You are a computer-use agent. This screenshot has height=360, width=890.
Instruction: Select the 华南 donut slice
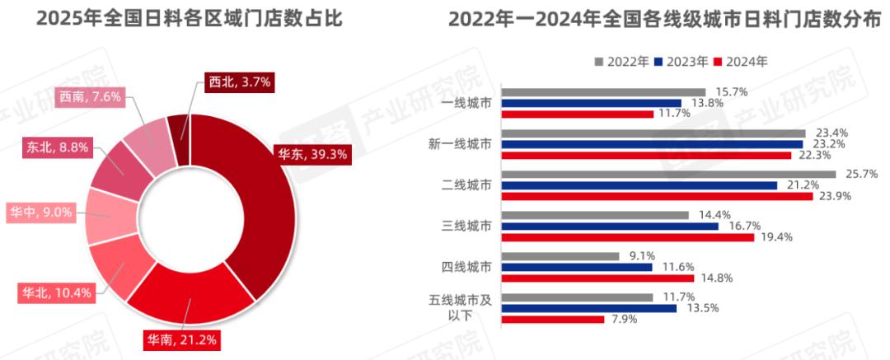(x=194, y=292)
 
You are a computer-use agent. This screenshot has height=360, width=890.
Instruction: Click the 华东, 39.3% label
(x=311, y=153)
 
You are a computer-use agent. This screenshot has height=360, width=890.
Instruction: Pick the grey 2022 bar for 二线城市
(x=668, y=174)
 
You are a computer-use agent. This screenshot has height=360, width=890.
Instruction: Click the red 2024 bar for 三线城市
(x=628, y=237)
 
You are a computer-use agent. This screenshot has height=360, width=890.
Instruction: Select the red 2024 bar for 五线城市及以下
(x=553, y=319)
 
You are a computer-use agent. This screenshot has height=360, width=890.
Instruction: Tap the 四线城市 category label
(x=466, y=267)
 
